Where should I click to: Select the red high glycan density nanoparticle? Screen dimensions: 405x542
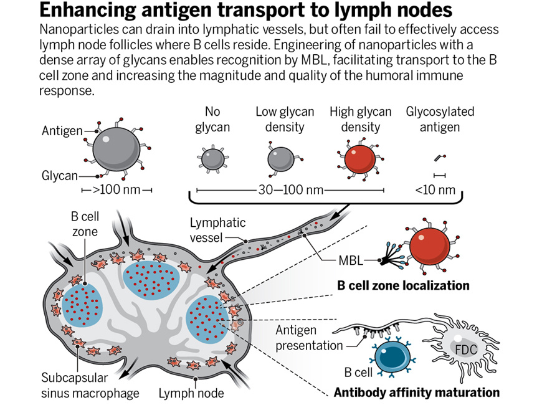(x=359, y=158)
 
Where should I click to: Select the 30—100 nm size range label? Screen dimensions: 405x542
(x=288, y=189)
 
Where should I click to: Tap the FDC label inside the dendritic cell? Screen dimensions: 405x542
(x=465, y=350)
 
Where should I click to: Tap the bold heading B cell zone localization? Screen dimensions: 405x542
(x=403, y=286)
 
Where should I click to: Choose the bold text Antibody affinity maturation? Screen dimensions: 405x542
(x=416, y=393)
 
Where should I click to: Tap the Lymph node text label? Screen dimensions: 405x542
(x=191, y=393)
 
